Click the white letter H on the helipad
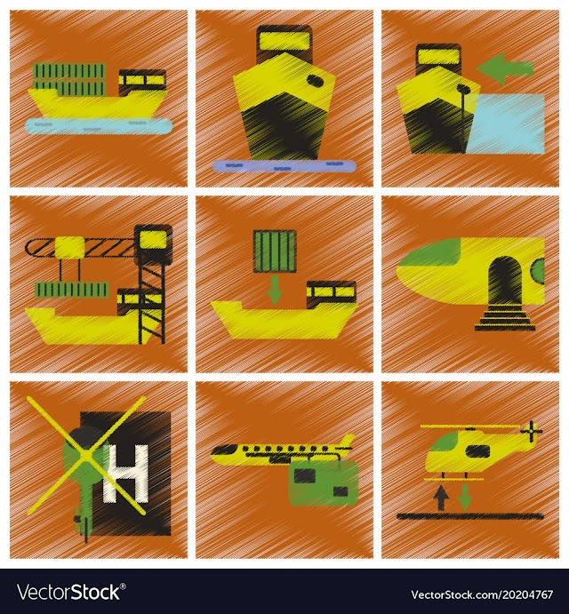coord(125,474)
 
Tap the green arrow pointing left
coord(505,68)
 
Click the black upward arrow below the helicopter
coord(442,498)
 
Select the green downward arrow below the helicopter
coord(465,498)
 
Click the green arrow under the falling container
coord(275,290)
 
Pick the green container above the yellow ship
coord(275,251)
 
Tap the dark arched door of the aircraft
coord(505,280)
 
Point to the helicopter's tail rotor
coord(532,431)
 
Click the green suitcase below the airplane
coord(324,482)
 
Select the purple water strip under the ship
coord(284,165)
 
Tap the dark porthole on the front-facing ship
coord(314,81)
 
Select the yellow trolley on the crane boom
coord(70,247)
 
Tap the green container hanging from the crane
coord(72,290)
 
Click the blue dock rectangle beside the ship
coord(505,124)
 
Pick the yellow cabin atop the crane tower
coord(153,240)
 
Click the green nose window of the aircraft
coord(430,254)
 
